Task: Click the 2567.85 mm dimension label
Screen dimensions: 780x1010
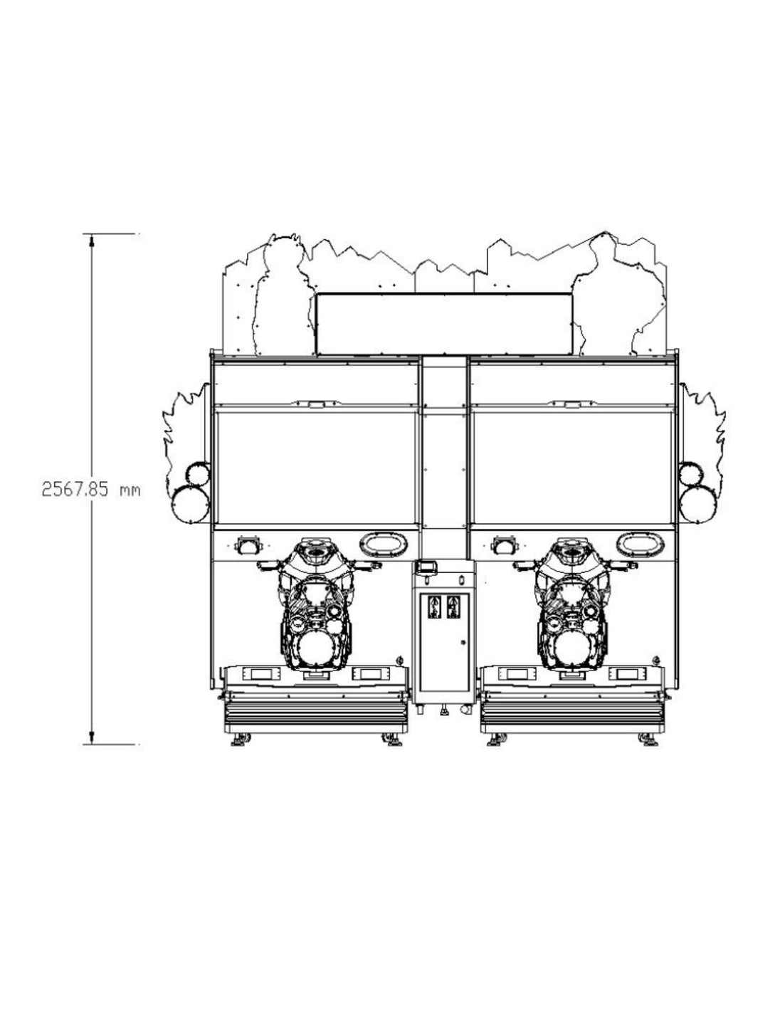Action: tap(91, 490)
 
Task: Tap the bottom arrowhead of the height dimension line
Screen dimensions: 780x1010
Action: tap(92, 738)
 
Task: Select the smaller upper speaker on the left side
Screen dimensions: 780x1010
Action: tap(198, 474)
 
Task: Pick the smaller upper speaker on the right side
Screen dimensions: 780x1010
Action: tap(690, 474)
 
